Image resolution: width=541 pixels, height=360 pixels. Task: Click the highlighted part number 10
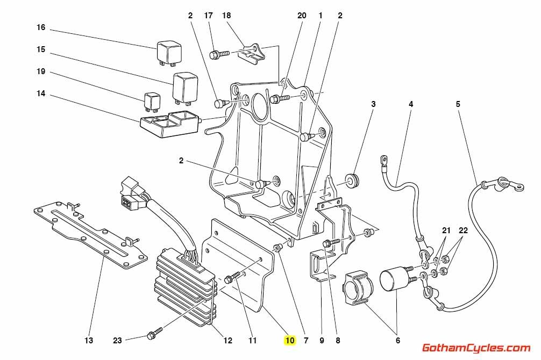(x=290, y=340)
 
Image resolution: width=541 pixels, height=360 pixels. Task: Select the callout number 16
(x=41, y=27)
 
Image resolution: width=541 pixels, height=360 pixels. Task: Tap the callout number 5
(x=458, y=105)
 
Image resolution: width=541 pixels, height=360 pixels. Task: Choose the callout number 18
(x=226, y=16)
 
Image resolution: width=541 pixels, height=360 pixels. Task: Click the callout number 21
(x=446, y=231)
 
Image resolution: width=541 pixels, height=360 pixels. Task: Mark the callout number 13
(x=89, y=340)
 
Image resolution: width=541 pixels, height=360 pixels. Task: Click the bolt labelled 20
(x=280, y=98)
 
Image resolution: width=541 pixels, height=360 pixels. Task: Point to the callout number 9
(x=322, y=340)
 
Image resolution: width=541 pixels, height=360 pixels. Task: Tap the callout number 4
(x=411, y=105)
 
